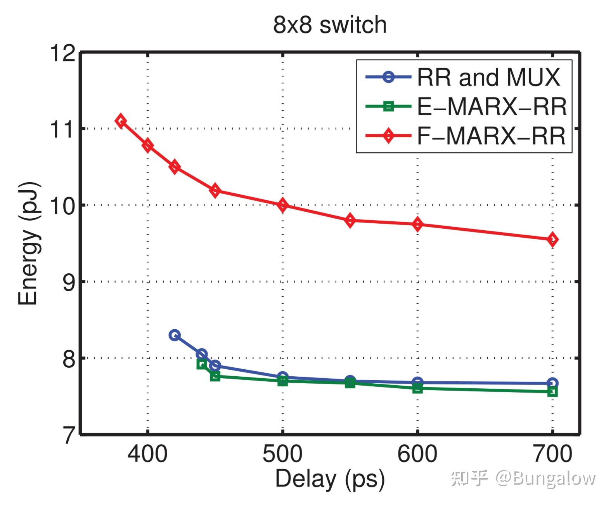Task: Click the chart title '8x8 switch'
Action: click(x=330, y=25)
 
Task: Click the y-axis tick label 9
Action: click(x=68, y=282)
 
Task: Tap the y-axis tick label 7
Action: click(x=68, y=435)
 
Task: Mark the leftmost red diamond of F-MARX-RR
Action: click(x=121, y=121)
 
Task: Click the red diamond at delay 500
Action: click(x=283, y=205)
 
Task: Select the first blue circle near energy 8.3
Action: click(x=175, y=335)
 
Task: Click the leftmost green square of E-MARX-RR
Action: click(x=202, y=364)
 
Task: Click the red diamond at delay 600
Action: click(x=417, y=224)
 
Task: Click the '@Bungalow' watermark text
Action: click(x=545, y=478)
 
